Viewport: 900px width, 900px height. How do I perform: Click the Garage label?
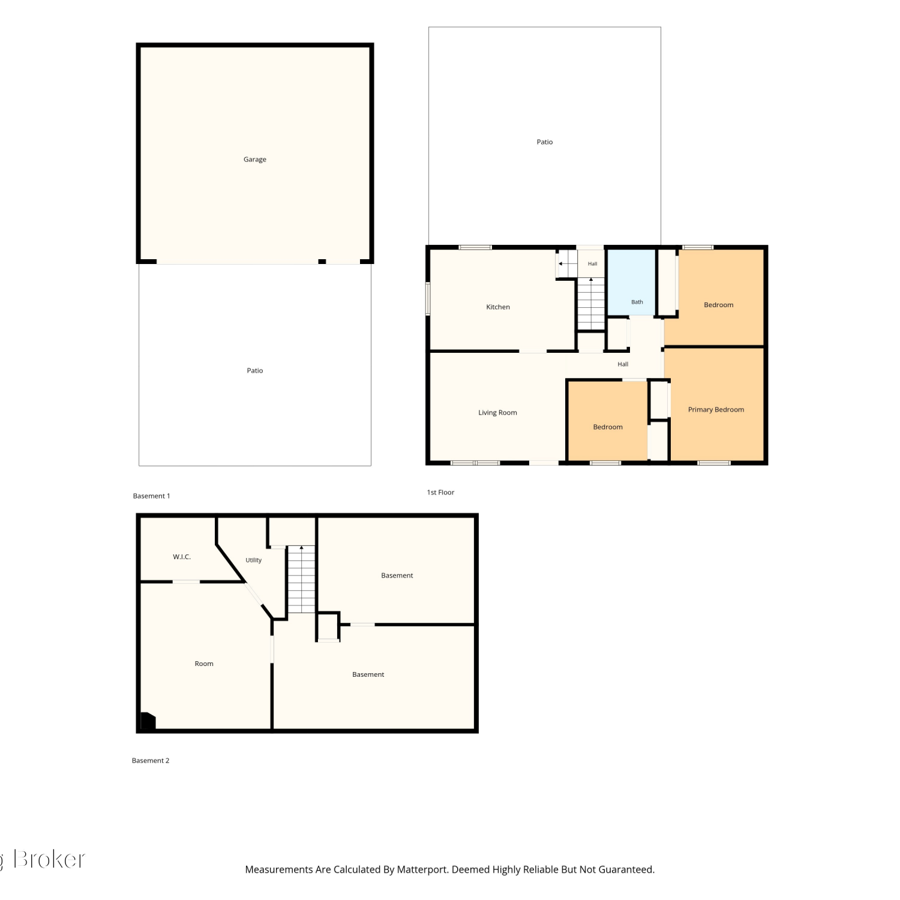255,160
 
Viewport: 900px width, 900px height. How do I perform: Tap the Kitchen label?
498,307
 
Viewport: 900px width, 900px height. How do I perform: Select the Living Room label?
497,413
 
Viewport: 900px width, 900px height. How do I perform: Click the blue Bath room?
631,282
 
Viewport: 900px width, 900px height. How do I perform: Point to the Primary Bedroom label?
716,410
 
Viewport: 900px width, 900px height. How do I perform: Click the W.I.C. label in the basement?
182,557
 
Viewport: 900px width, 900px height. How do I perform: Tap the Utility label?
254,560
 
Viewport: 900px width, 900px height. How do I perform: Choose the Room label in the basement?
204,664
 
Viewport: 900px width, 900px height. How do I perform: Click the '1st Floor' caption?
440,493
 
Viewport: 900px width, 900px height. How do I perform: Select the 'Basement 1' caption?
151,496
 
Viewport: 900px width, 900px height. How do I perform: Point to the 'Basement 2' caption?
151,761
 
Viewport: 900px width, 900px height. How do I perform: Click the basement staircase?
301,580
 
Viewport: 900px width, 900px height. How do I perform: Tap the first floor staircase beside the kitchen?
591,304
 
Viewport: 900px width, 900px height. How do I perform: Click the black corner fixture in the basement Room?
148,721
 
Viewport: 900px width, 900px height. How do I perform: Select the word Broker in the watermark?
49,859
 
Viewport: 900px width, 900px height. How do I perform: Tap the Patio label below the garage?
255,371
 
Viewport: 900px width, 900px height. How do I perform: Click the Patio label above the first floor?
545,142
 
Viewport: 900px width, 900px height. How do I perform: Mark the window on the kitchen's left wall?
428,299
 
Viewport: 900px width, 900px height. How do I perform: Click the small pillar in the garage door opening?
322,262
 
